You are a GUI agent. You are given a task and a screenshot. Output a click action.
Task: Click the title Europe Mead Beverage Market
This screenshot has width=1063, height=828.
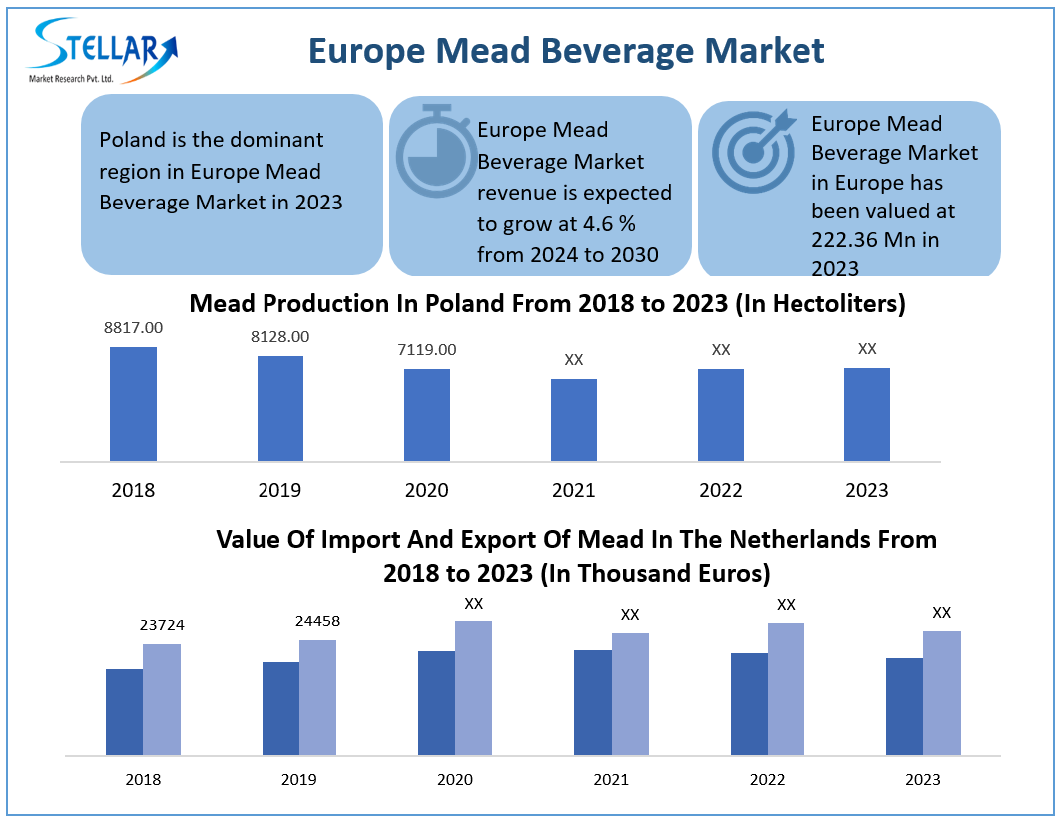click(x=566, y=50)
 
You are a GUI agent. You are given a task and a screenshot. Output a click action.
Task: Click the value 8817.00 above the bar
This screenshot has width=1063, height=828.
click(x=133, y=327)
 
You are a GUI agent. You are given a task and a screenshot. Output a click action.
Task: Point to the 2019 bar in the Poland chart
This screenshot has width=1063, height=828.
click(x=279, y=408)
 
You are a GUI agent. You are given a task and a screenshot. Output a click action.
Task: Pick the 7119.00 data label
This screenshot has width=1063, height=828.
click(x=427, y=349)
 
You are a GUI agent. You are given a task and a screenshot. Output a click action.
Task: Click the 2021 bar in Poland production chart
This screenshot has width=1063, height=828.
click(x=574, y=420)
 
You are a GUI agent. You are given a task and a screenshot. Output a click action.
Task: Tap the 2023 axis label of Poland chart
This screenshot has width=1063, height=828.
click(x=867, y=490)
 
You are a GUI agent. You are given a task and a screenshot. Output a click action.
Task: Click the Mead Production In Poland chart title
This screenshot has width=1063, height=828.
click(x=547, y=303)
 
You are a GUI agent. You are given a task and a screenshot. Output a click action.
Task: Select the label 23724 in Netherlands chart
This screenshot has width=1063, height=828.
click(x=162, y=625)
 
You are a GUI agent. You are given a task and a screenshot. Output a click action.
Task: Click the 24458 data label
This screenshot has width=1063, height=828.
click(x=317, y=621)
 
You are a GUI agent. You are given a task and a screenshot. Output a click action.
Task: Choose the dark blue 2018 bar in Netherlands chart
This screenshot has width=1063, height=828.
click(x=124, y=711)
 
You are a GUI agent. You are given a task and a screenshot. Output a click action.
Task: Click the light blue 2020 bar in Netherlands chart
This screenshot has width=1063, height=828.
click(x=474, y=687)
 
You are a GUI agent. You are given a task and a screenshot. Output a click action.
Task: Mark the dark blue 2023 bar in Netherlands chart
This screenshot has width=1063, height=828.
click(x=904, y=706)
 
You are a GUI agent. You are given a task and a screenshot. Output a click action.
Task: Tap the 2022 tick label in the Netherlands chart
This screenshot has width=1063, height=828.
click(x=767, y=780)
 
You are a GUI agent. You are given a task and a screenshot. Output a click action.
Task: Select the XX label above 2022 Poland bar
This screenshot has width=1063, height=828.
click(x=721, y=350)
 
